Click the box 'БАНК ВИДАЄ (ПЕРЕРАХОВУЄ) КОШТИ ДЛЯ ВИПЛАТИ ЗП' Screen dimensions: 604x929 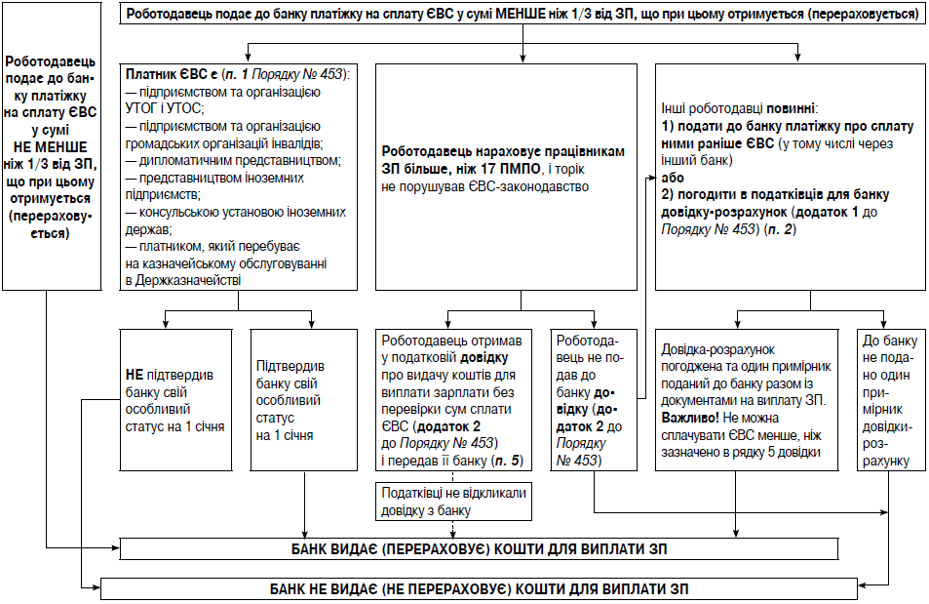point(479,548)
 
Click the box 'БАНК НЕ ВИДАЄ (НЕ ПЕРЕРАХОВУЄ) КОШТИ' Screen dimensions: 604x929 point(479,589)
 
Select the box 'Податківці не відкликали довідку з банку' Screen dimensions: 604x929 point(454,503)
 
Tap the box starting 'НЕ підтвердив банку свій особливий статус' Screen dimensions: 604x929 point(174,399)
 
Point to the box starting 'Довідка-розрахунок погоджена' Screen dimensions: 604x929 point(747,399)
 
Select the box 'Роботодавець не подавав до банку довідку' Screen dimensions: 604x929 point(595,399)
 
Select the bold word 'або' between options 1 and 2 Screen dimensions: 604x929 point(671,179)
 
